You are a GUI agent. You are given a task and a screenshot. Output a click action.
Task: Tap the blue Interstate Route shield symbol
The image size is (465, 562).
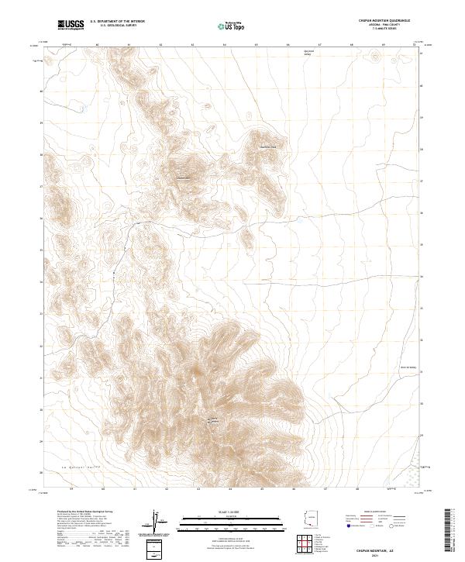[x=347, y=526]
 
